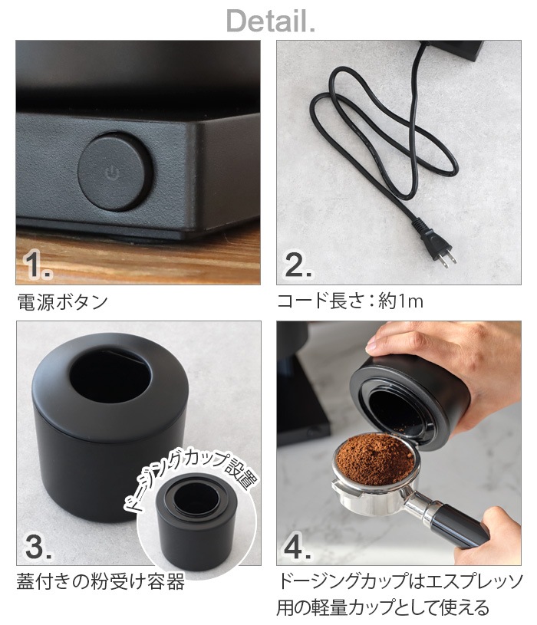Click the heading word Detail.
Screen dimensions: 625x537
[269, 21]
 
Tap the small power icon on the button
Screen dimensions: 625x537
[111, 173]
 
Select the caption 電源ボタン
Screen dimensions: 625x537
[62, 301]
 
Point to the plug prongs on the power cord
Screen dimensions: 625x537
[446, 255]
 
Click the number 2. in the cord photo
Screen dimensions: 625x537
[298, 265]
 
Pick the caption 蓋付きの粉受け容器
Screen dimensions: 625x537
[100, 583]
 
